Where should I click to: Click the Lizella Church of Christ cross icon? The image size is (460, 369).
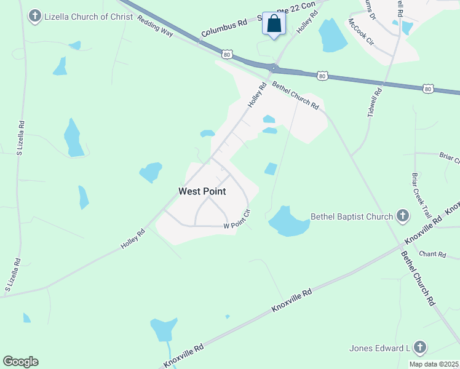coord(36,16)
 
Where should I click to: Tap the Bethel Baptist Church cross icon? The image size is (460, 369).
coord(402,216)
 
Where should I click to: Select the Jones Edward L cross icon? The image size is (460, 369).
coord(420,348)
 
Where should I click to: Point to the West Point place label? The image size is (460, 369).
coord(202,191)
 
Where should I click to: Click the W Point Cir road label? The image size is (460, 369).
coord(237,220)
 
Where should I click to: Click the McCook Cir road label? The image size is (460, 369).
coord(361,33)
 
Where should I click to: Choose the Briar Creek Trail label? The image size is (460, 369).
coord(422,195)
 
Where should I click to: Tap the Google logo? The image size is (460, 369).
coord(20,362)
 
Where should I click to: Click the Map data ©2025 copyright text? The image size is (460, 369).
coord(433,364)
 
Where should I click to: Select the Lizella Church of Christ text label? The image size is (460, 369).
coord(89,17)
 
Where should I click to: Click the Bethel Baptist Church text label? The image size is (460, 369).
coord(351,216)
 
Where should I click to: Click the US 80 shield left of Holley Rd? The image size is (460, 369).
coord(228,55)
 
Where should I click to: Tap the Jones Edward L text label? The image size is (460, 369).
coord(379,349)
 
